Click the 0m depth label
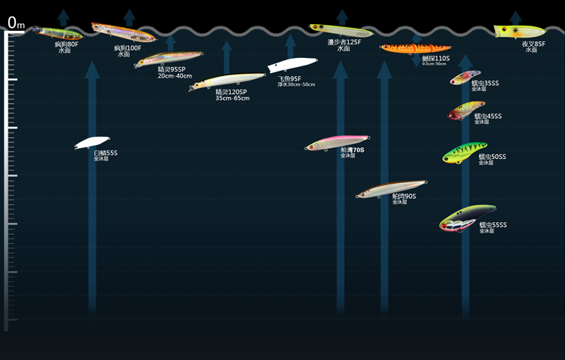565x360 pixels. [16, 23]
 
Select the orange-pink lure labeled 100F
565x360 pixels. [123, 32]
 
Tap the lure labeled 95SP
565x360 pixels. [169, 58]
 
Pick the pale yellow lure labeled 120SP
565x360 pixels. [228, 80]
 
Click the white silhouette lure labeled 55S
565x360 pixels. [92, 142]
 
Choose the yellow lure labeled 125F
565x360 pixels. [341, 30]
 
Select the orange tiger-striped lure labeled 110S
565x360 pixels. [415, 48]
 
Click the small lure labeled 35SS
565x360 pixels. [466, 77]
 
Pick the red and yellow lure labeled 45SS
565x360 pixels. [467, 111]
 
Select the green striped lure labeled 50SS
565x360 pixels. [465, 153]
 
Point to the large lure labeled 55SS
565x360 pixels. [468, 218]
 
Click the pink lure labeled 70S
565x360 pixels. [337, 142]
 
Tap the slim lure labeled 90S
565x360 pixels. [392, 188]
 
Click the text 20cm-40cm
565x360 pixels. [175, 76]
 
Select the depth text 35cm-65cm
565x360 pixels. [232, 98]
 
